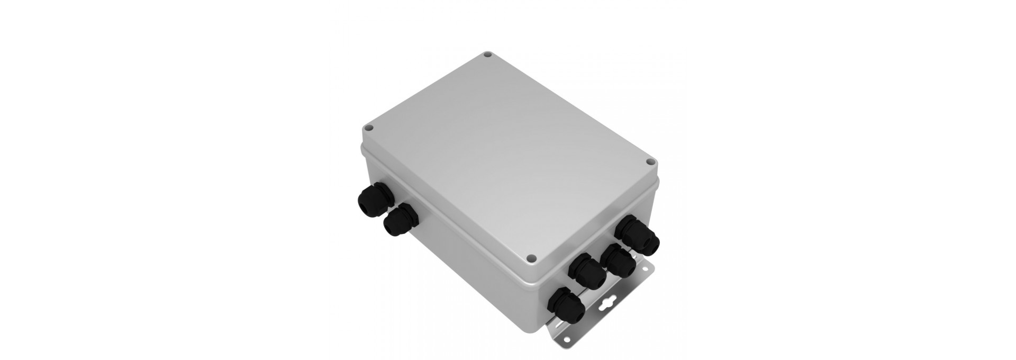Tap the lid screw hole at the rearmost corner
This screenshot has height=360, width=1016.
pos(488,54)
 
